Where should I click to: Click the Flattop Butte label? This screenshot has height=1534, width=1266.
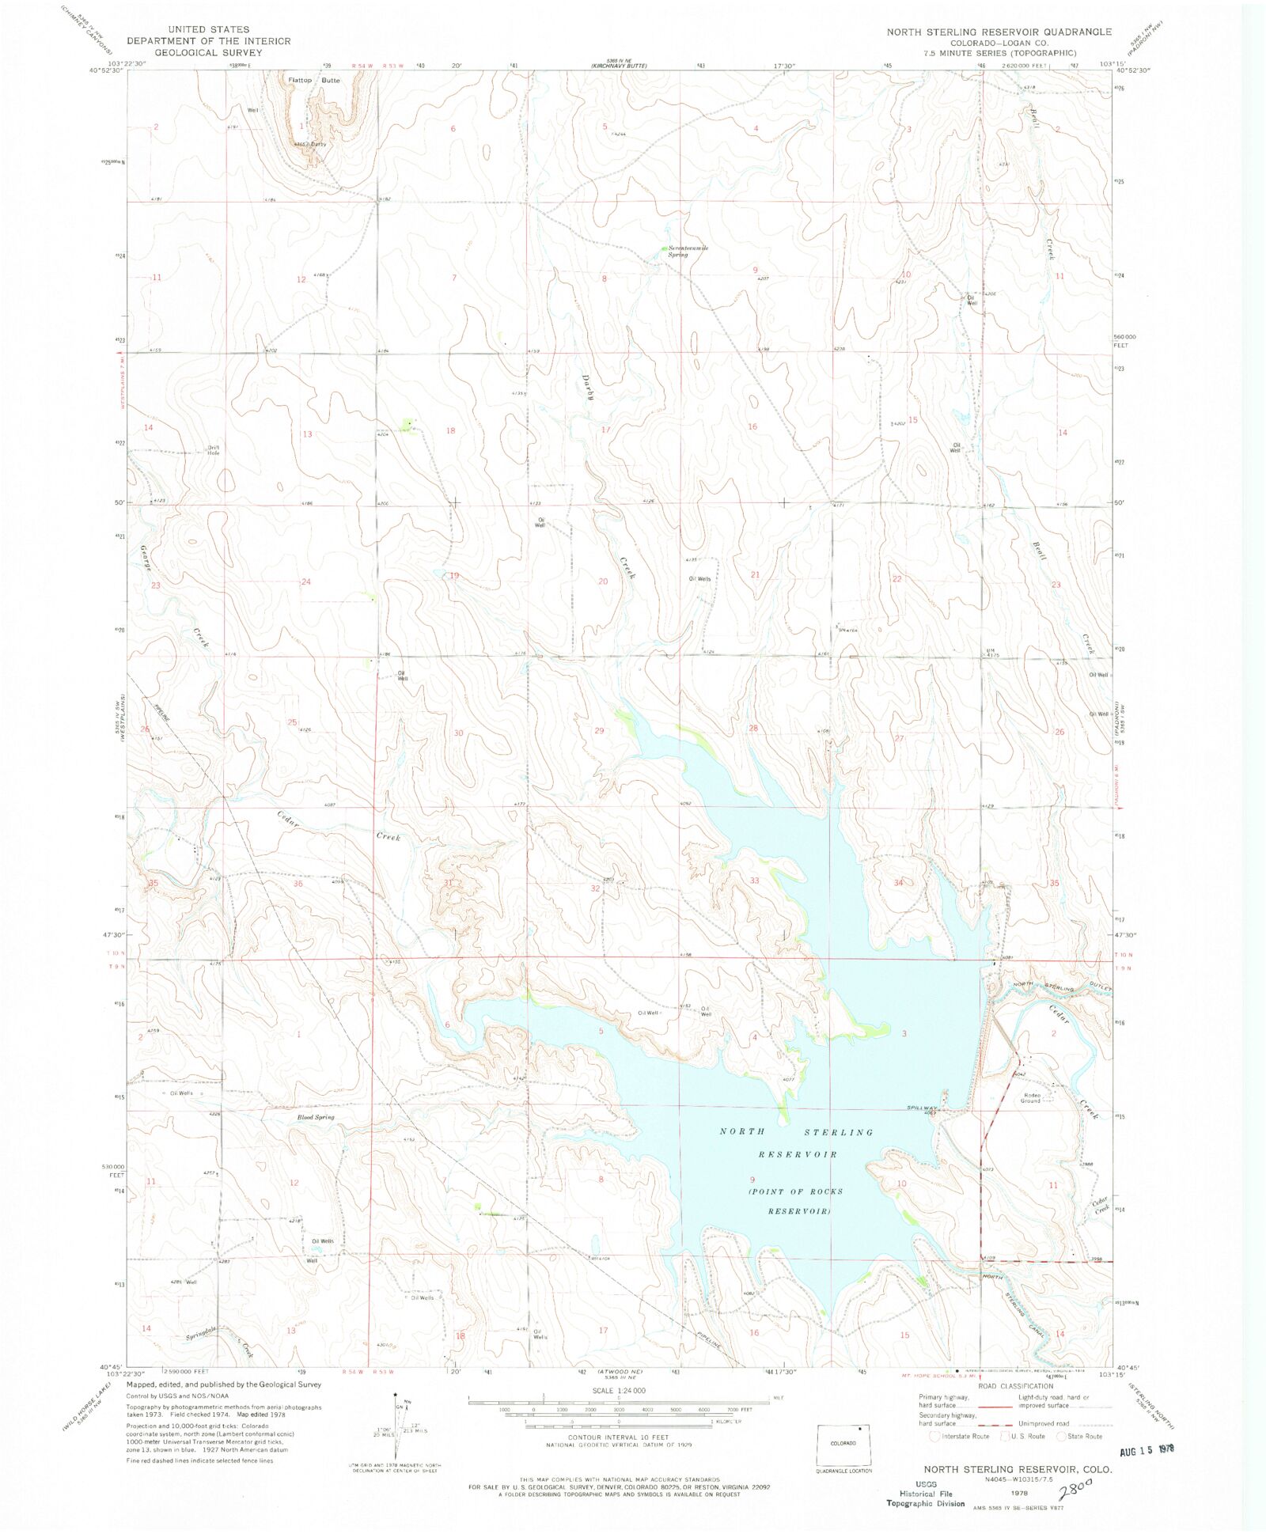pyautogui.click(x=314, y=81)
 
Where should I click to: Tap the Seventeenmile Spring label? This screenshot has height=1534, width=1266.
pyautogui.click(x=688, y=251)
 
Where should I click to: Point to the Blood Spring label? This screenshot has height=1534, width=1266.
pyautogui.click(x=316, y=1117)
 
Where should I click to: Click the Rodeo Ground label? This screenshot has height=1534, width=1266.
pyautogui.click(x=1030, y=1098)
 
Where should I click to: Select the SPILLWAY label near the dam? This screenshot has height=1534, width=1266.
pyautogui.click(x=922, y=1108)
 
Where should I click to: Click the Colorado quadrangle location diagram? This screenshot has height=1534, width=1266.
pyautogui.click(x=843, y=1446)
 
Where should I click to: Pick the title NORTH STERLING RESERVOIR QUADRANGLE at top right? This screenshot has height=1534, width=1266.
pyautogui.click(x=999, y=32)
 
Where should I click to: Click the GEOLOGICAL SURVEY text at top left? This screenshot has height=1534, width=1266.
pyautogui.click(x=208, y=52)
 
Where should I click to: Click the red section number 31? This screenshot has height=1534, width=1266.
pyautogui.click(x=448, y=883)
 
